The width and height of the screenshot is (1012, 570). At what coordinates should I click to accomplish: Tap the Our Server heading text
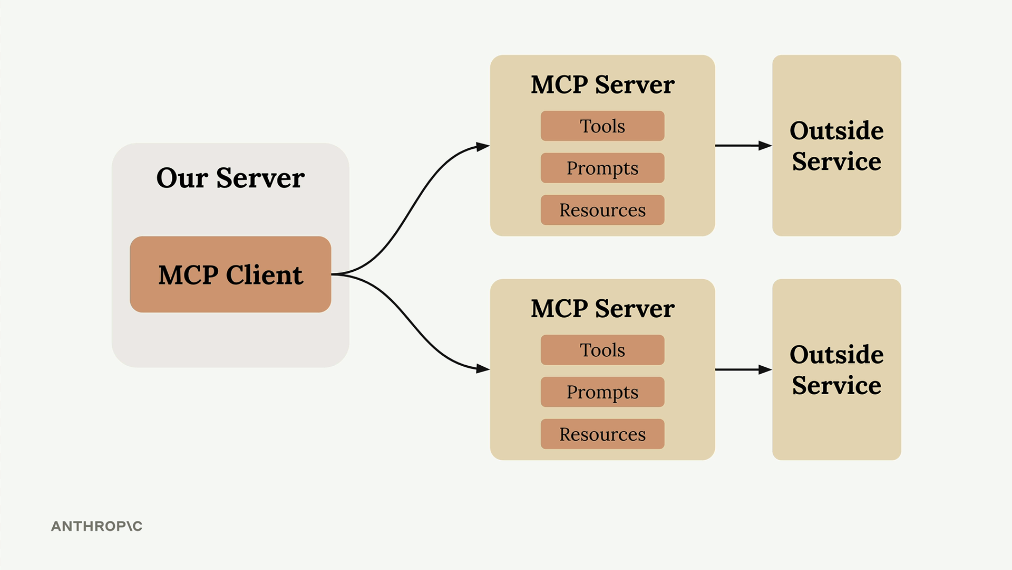coord(230,178)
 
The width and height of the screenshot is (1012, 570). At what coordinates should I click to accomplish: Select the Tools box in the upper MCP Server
coord(602,126)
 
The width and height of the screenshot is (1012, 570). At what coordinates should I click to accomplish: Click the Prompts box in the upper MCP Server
coord(602,168)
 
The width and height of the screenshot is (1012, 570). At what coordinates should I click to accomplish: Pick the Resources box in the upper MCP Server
coord(602,210)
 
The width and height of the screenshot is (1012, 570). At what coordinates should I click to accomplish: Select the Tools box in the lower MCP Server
coord(602,350)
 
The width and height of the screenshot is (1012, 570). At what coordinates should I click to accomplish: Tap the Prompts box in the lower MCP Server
coord(602,392)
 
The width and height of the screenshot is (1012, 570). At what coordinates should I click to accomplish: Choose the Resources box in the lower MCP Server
coord(602,434)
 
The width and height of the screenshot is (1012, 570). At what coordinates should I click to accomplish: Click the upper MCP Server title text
coord(602,85)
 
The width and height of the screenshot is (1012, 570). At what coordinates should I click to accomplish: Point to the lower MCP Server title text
coord(602,309)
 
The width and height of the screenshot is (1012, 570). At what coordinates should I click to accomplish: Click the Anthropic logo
coord(96,526)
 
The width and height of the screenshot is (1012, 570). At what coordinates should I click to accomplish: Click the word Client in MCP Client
coord(265,275)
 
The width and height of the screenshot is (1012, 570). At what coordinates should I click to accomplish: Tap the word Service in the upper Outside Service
coord(836,161)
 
